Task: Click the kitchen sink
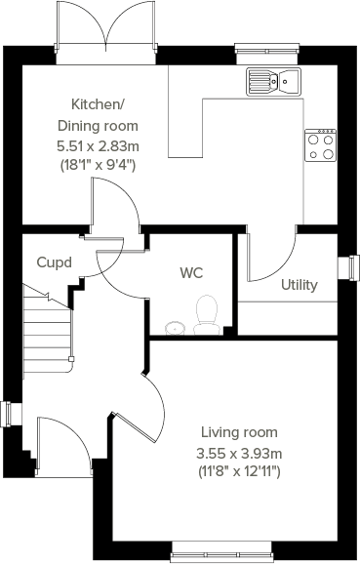click(x=272, y=80)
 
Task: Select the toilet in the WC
click(x=207, y=315)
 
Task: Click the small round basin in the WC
click(x=175, y=327)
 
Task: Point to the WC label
click(x=190, y=273)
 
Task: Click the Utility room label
click(x=300, y=285)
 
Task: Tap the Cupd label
click(x=53, y=262)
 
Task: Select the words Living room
click(x=239, y=432)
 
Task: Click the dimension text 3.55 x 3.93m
click(x=240, y=453)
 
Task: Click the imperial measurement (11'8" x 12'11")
click(x=240, y=472)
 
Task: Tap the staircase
click(x=47, y=327)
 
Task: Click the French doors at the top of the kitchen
click(x=106, y=26)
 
